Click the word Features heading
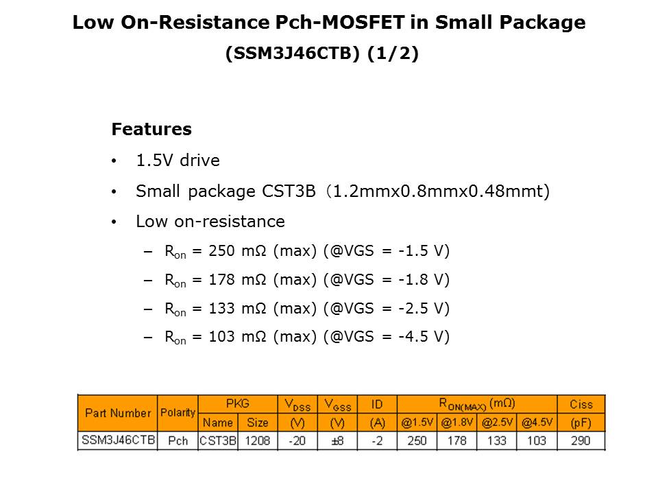(151, 129)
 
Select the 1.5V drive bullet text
(178, 161)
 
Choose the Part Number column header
(117, 413)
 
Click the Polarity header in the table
(178, 413)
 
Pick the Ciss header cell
(581, 404)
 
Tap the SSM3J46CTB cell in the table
(118, 440)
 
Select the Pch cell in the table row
(178, 440)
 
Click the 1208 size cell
(258, 440)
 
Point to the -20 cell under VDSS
(297, 440)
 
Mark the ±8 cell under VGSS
(337, 440)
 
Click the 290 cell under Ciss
(581, 440)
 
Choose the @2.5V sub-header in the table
(498, 423)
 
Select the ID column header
(376, 404)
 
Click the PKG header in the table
(237, 403)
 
